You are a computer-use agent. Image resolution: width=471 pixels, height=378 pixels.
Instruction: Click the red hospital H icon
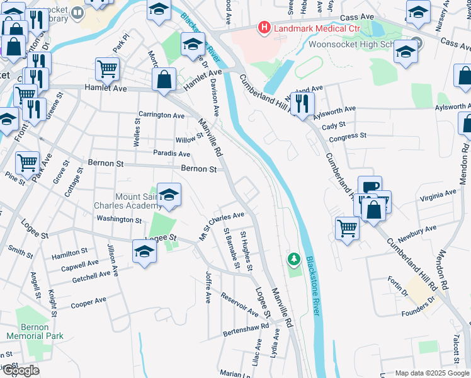[264, 28]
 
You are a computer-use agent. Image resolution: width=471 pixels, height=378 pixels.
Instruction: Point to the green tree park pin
[293, 258]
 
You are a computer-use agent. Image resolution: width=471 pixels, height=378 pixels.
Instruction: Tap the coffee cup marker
[370, 186]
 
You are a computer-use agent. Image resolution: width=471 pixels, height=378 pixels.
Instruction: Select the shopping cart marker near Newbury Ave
[348, 227]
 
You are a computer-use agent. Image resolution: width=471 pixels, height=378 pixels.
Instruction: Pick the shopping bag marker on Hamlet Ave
[164, 80]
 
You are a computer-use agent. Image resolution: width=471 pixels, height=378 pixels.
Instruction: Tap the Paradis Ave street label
[171, 153]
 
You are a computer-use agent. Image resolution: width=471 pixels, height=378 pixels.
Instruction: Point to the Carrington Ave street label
[162, 115]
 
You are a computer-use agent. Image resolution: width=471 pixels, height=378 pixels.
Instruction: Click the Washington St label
[119, 219]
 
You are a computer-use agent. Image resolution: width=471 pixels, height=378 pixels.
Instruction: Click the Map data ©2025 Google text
[432, 373]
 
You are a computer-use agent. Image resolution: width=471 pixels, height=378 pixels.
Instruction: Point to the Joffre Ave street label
[208, 287]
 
